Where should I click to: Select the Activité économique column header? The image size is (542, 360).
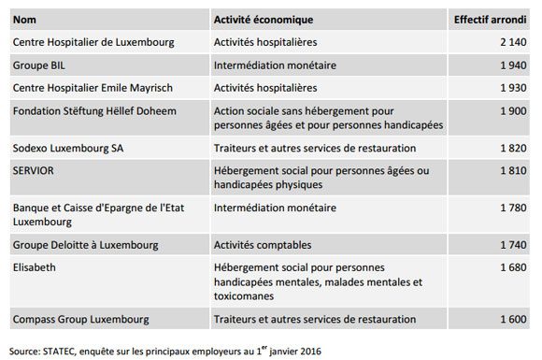coord(264,20)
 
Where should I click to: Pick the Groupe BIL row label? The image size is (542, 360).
coord(39,65)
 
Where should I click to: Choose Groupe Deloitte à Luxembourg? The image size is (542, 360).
coord(85,245)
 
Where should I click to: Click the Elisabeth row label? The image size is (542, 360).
coord(34,267)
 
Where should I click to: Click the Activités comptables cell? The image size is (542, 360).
coord(264,245)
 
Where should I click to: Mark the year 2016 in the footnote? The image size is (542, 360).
coord(314,351)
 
